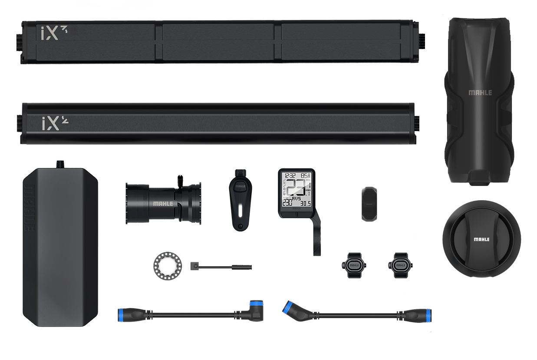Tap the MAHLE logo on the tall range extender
point(480,92)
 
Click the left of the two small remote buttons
point(352,264)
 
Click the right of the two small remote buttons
point(400,264)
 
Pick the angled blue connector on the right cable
point(290,307)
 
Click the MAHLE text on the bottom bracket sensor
point(162,204)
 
